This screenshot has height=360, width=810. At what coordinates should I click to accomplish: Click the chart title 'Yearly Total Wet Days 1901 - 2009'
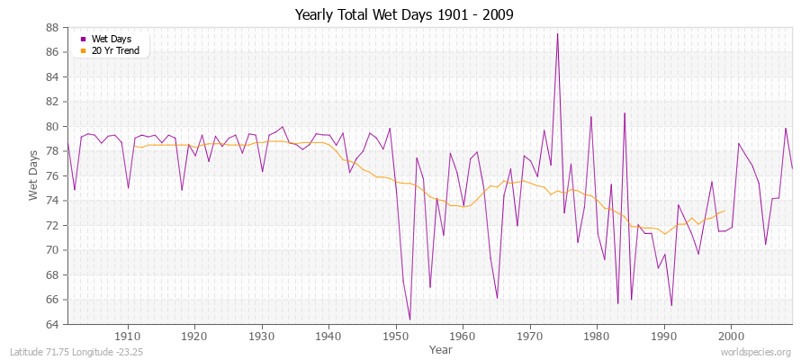point(404,15)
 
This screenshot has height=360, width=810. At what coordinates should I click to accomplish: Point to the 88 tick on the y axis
point(52,27)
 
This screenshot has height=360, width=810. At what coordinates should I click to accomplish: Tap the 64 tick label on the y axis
point(52,324)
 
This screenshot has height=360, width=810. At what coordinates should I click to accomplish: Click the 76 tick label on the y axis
point(52,175)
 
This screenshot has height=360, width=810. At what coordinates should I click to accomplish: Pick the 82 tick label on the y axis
point(52,102)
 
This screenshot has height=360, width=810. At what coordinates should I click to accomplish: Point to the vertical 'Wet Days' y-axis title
point(33,175)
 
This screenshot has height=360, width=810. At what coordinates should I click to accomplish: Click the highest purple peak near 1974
point(557,34)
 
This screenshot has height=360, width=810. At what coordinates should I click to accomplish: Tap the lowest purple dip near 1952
point(409,319)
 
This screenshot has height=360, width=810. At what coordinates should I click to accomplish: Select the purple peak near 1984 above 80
point(624,113)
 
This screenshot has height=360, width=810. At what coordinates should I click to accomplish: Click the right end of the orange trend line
point(724,211)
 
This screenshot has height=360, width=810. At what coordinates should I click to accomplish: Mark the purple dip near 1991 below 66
point(670,305)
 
